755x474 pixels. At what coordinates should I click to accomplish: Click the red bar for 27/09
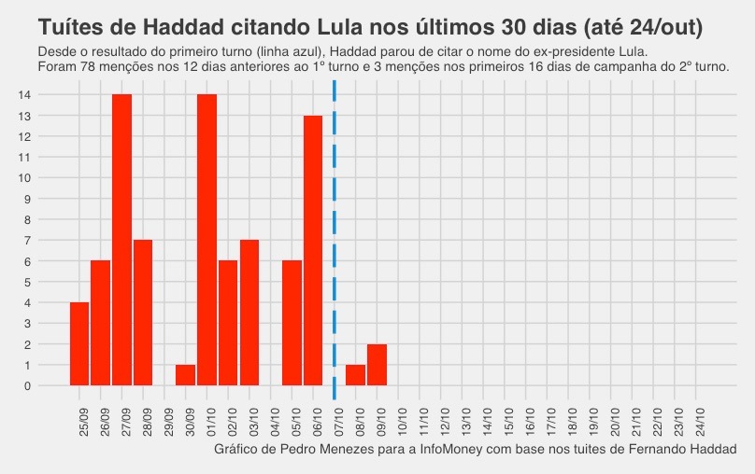click(x=121, y=240)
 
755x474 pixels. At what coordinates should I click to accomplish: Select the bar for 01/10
click(x=207, y=240)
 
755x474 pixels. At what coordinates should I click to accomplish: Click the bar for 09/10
click(x=377, y=365)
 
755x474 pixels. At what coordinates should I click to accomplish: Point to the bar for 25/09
click(x=79, y=343)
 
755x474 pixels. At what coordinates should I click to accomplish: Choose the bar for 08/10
click(x=355, y=375)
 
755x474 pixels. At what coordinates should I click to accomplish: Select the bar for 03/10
click(x=249, y=313)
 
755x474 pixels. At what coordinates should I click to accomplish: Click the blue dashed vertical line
click(x=335, y=233)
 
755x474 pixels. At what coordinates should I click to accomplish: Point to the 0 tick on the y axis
click(x=27, y=385)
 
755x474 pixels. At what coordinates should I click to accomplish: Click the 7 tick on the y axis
click(x=27, y=240)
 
